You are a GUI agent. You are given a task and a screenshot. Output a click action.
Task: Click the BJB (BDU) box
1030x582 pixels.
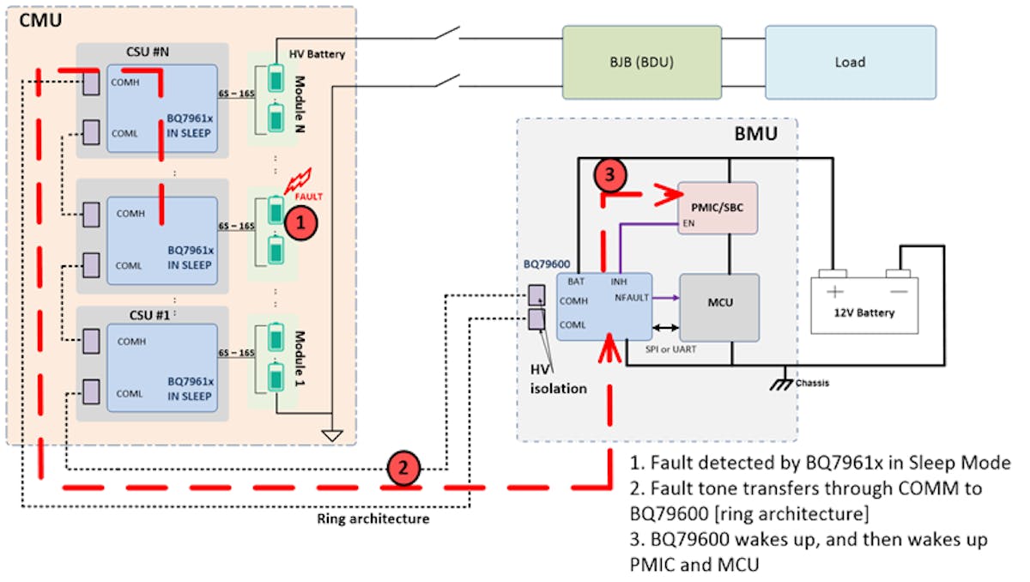(x=641, y=61)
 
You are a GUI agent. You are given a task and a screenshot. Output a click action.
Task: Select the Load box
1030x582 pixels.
(x=850, y=61)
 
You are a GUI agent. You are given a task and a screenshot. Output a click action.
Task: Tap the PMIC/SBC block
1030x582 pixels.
(x=718, y=207)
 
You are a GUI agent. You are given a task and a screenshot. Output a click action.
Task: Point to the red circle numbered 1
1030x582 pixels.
(x=300, y=222)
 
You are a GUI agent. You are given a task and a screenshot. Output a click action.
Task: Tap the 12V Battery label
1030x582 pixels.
(x=864, y=312)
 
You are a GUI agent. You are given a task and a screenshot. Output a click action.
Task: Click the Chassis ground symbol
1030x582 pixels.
(x=783, y=380)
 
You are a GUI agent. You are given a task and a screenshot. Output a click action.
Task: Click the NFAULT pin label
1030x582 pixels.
(x=632, y=297)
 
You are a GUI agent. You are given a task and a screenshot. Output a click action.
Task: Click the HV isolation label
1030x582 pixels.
(x=558, y=379)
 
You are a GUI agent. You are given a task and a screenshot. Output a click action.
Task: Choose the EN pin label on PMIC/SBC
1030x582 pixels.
(x=688, y=221)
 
